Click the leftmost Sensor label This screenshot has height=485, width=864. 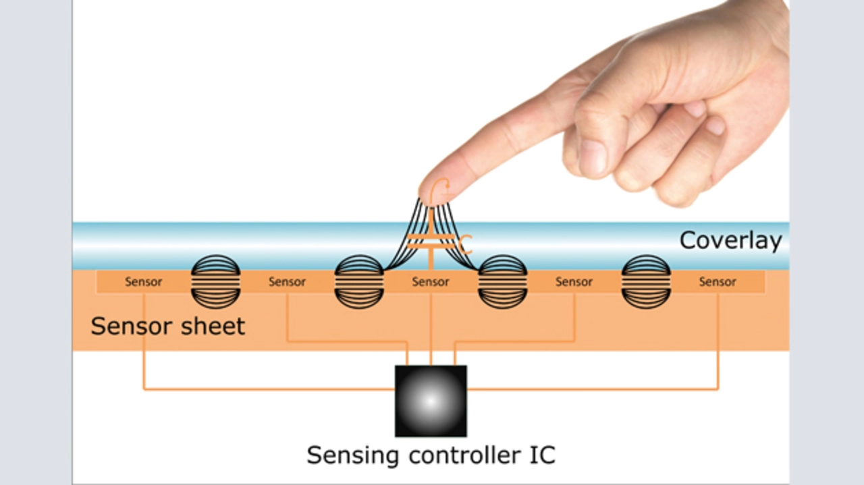pyautogui.click(x=143, y=282)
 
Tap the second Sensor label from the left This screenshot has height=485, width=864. pyautogui.click(x=287, y=282)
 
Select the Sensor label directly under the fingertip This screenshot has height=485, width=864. pyautogui.click(x=431, y=282)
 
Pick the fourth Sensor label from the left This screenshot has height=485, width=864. pyautogui.click(x=574, y=282)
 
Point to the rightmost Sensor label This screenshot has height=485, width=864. pyautogui.click(x=718, y=282)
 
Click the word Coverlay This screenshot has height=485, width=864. pyautogui.click(x=730, y=241)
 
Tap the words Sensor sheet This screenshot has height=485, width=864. pyautogui.click(x=167, y=326)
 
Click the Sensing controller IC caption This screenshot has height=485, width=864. pyautogui.click(x=431, y=455)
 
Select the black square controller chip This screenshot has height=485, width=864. pyautogui.click(x=431, y=401)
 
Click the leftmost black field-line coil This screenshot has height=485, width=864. pyautogui.click(x=216, y=282)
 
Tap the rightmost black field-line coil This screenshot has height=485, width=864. pyautogui.click(x=646, y=282)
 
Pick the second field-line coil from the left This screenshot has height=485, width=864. pyautogui.click(x=359, y=282)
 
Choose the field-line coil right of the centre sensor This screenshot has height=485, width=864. pyautogui.click(x=502, y=282)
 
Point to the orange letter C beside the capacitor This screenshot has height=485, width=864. pyautogui.click(x=464, y=246)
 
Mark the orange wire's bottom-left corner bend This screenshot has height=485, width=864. pyautogui.click(x=144, y=389)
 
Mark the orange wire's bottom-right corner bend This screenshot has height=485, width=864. pyautogui.click(x=718, y=389)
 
